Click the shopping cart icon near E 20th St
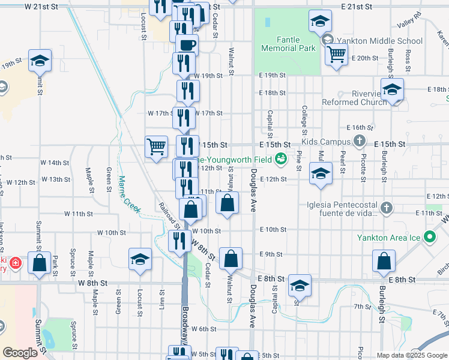pos(336,54)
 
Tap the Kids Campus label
pos(325,142)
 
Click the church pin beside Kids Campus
pos(360,142)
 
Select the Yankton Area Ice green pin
pos(429,238)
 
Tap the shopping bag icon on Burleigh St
pos(384,261)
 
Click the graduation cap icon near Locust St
pos(140,259)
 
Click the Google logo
pos(20,353)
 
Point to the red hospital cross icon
pos(16,263)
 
